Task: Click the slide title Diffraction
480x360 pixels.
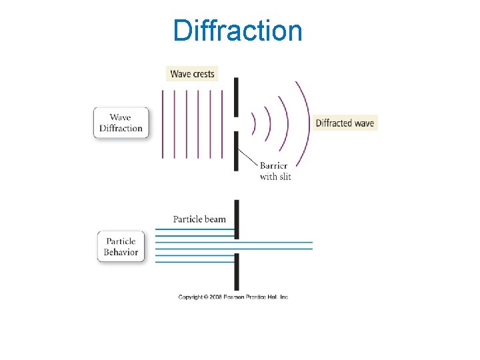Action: click(x=237, y=31)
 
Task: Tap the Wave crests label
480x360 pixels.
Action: click(x=192, y=74)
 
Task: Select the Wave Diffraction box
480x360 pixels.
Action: click(x=121, y=123)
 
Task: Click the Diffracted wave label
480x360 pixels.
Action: click(x=345, y=123)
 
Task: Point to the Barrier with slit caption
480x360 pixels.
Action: click(x=274, y=171)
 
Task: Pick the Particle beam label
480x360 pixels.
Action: click(x=199, y=219)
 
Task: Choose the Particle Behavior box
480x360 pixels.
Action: click(x=121, y=247)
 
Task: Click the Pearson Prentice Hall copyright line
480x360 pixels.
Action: click(x=233, y=297)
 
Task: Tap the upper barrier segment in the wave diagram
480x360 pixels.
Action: click(x=235, y=97)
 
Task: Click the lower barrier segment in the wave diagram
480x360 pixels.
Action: click(x=235, y=151)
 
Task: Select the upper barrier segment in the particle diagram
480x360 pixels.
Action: click(x=235, y=219)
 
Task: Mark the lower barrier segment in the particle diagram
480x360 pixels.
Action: click(x=235, y=271)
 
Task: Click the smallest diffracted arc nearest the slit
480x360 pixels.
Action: click(x=253, y=123)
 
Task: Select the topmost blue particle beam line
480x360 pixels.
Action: click(x=195, y=229)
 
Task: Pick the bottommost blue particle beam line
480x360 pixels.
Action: click(x=195, y=262)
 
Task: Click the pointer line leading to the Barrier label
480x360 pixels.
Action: click(x=248, y=157)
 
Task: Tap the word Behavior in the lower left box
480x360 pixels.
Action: click(x=121, y=253)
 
